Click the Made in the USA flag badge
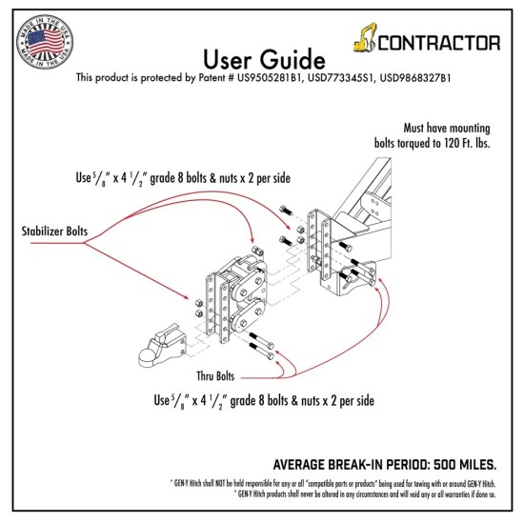tap(45, 42)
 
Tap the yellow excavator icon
tap(365, 37)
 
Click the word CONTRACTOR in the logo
tap(439, 43)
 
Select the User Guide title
tap(264, 59)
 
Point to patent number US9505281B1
tap(270, 78)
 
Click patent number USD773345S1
tap(340, 78)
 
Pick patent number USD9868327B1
tap(415, 78)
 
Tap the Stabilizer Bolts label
tap(54, 231)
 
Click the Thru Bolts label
tap(215, 376)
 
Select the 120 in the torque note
tap(453, 143)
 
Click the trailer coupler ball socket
tap(161, 346)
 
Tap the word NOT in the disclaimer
tap(221, 483)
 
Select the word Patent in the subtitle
tap(212, 78)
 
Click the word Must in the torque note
tap(414, 128)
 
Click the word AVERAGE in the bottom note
tap(299, 465)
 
